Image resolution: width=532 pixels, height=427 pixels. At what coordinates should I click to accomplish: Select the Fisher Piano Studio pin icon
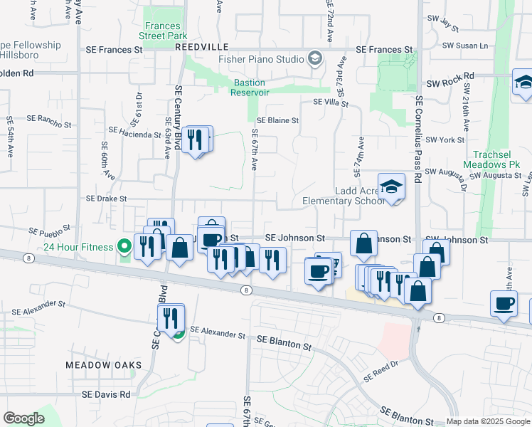[x=315, y=58]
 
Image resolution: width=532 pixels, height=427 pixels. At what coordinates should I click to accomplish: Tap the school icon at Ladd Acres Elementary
[x=391, y=187]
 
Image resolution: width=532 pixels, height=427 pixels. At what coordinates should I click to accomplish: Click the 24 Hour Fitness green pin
[x=125, y=247]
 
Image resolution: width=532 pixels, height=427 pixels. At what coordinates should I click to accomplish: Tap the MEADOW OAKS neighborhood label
[x=104, y=365]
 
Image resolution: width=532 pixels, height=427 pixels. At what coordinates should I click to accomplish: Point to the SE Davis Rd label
[x=106, y=394]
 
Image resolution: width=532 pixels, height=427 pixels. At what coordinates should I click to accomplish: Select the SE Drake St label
[x=106, y=199]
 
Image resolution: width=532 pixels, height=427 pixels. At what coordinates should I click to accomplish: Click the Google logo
[x=23, y=418]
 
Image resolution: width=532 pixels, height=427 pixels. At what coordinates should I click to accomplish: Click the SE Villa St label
[x=330, y=103]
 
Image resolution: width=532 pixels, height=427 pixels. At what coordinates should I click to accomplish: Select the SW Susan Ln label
[x=465, y=46]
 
